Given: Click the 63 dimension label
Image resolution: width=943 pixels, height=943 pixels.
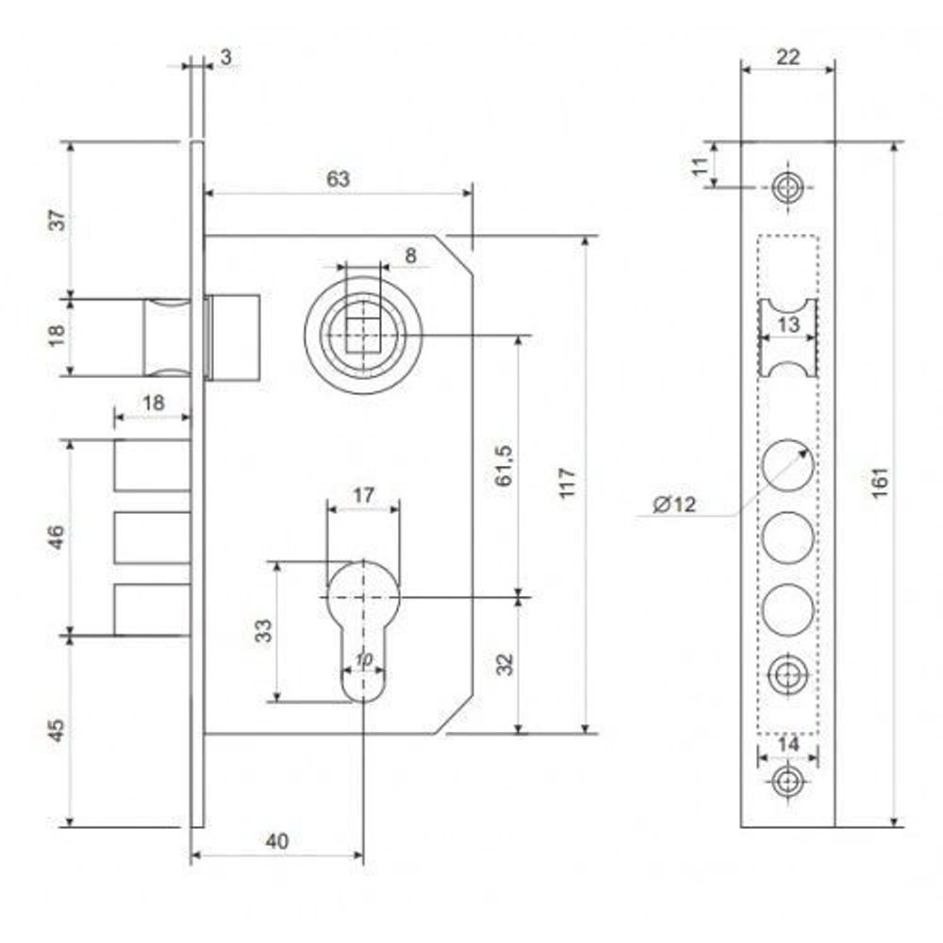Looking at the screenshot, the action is pos(338,178).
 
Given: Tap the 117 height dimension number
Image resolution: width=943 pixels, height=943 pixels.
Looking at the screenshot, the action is pos(568,483).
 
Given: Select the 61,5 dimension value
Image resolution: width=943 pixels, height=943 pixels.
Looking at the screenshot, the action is pos(504,466).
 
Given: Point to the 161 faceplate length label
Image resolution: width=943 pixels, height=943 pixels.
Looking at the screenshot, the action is pos(879,482).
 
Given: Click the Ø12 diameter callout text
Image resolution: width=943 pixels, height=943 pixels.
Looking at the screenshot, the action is pos(674,504).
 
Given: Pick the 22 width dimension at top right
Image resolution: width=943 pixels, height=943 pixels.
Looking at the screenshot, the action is pos(787,58).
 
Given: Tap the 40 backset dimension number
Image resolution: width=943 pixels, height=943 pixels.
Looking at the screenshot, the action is pos(276,841).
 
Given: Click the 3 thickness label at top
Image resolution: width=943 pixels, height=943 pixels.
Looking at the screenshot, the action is pos(225,58).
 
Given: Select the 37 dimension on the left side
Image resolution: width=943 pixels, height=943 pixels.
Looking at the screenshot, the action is pos(58,220).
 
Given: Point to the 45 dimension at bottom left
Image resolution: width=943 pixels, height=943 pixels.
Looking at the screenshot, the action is pos(56,731).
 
